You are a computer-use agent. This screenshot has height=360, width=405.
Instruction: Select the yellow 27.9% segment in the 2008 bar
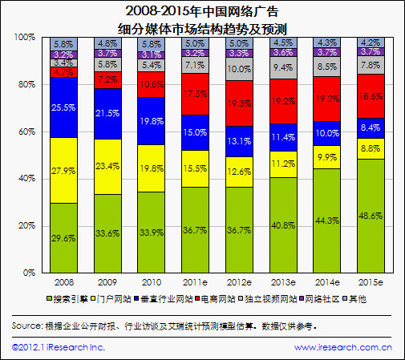63,170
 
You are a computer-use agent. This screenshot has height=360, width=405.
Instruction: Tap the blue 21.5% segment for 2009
107,114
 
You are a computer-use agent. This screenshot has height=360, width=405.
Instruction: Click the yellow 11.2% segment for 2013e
282,164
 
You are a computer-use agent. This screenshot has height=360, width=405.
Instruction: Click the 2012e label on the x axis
239,283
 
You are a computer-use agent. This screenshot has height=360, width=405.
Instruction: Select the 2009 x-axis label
107,283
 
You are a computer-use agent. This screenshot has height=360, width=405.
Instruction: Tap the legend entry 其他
357,298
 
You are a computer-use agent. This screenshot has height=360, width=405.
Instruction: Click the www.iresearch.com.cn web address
342,347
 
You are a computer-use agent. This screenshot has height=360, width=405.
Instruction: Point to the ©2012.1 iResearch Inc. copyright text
59,347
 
